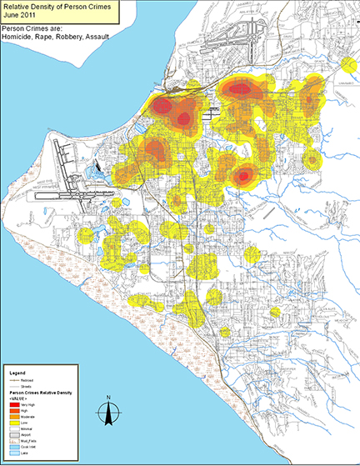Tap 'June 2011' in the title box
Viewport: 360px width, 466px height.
[19, 14]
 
